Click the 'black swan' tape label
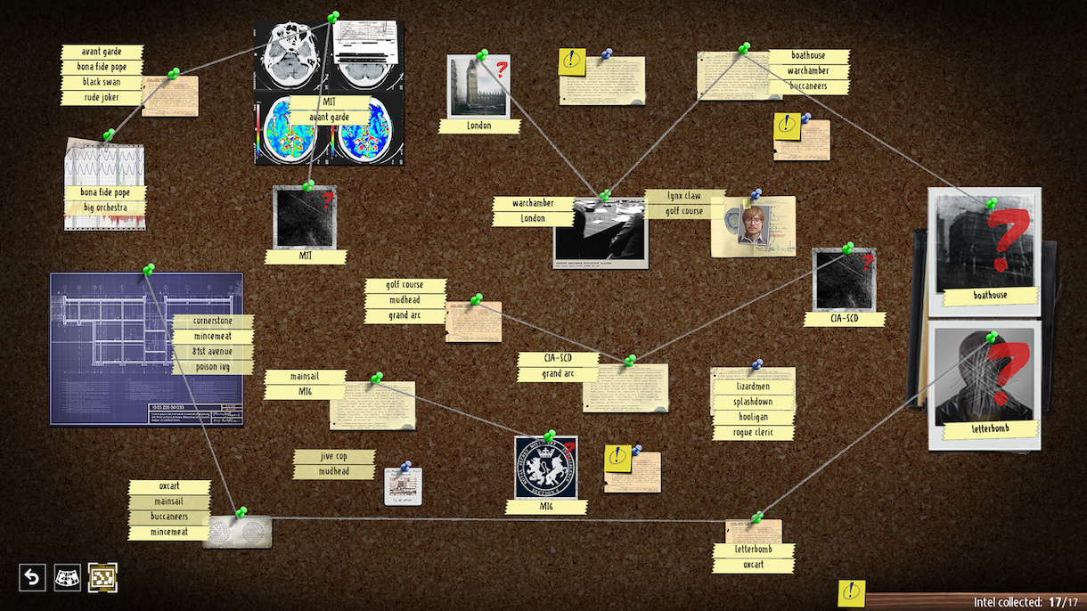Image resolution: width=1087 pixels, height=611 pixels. pos(102,82)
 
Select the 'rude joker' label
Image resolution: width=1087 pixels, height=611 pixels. pos(102,97)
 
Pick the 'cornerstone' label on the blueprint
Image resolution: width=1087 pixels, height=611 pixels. pos(213,321)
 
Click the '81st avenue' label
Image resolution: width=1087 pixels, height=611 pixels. pos(213,351)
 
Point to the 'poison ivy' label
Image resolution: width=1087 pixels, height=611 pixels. pos(213,366)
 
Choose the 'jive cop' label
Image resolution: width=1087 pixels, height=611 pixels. pos(334,456)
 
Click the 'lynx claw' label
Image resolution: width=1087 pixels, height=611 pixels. pos(684,196)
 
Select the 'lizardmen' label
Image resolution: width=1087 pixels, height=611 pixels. pos(753,387)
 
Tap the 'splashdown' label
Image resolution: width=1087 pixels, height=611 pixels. pos(753,402)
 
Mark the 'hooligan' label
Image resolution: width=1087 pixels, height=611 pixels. pos(753,417)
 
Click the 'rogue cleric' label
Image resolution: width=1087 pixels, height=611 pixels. pos(753,432)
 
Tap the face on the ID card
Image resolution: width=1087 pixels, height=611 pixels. pos(754,224)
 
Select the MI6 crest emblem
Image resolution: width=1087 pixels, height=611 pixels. pos(545,468)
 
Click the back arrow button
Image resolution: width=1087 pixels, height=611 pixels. pos(32,578)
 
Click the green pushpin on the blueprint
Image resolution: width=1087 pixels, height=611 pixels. pos(148,268)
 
